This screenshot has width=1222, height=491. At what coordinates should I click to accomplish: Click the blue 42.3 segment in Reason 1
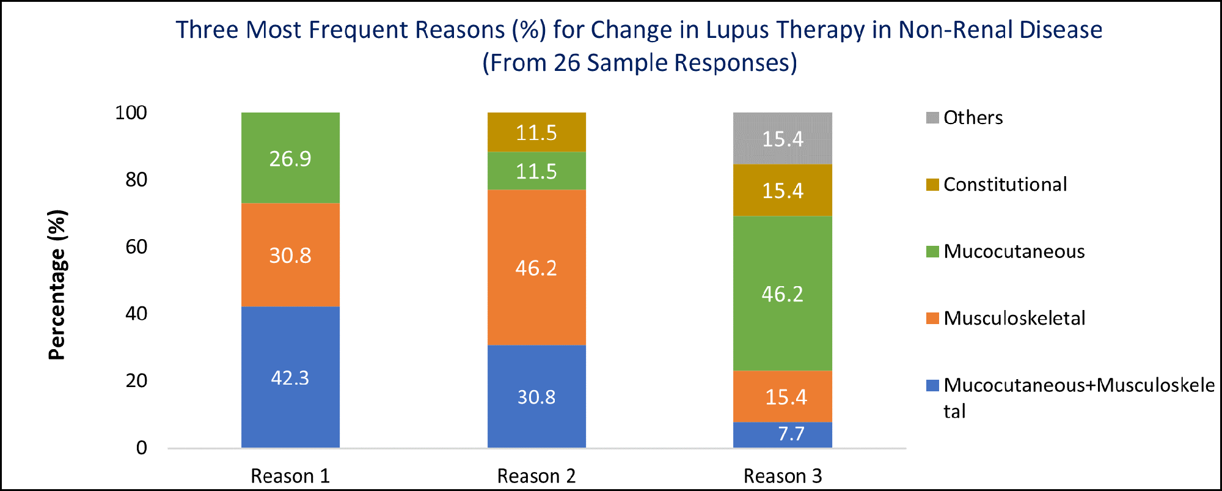[x=290, y=377]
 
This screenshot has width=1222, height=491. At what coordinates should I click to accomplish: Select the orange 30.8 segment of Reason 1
[x=290, y=254]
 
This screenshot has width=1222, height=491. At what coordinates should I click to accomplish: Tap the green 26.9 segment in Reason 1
[x=290, y=158]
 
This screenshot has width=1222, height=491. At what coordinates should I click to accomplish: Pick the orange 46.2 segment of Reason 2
[x=536, y=267]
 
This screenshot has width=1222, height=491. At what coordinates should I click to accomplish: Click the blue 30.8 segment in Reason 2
[x=536, y=396]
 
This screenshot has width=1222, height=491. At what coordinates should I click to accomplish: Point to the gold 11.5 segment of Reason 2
[x=536, y=132]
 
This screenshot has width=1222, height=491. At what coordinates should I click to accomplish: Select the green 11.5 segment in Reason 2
[x=536, y=171]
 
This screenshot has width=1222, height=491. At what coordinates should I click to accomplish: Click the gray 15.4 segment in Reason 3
[x=783, y=138]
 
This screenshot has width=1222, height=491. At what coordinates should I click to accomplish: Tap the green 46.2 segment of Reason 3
[x=783, y=293]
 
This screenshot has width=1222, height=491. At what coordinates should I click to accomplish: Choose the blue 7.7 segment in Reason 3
[x=783, y=434]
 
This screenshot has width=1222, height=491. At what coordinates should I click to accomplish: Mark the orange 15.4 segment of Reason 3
[x=783, y=396]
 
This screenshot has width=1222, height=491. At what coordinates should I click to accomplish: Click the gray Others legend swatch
[x=932, y=117]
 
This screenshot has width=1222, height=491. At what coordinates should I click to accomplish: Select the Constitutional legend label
[x=1005, y=184]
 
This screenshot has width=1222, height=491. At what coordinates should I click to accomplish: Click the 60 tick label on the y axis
[x=136, y=246]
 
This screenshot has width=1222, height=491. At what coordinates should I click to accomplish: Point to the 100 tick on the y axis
[x=131, y=113]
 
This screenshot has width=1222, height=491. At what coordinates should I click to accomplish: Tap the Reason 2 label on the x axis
[x=536, y=476]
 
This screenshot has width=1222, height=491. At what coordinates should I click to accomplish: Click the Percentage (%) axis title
[x=57, y=285]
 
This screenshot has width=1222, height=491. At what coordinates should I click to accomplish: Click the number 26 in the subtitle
[x=567, y=62]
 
